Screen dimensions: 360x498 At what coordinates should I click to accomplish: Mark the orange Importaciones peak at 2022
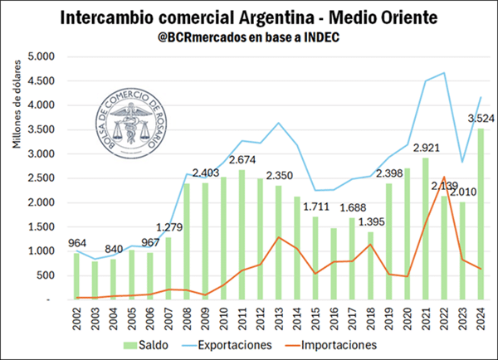[445, 177]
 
